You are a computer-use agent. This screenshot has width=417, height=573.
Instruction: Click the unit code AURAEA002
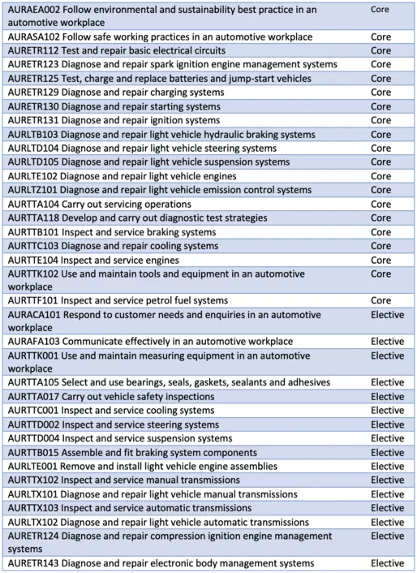pos(32,10)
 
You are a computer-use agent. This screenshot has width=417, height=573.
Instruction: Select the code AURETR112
pos(31,51)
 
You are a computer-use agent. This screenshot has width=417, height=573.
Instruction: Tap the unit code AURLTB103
pos(31,134)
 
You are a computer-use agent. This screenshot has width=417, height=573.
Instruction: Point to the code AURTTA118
pos(31,218)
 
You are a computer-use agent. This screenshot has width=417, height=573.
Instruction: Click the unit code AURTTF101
pos(30,300)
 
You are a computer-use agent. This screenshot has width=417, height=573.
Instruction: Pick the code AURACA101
pos(32,313)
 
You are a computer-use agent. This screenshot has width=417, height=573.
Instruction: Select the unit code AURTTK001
pos(31,355)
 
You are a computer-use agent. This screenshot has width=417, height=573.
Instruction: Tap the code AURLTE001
pos(30,467)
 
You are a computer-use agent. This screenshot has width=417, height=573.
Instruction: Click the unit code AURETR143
pos(31,563)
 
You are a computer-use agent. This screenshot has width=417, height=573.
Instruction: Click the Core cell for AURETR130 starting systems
pos(380,106)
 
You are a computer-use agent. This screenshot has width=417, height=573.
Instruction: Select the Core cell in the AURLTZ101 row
pos(380,190)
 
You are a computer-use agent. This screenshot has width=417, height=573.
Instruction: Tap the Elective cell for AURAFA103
pos(386,342)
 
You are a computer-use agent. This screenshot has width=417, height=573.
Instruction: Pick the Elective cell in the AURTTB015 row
pos(386,452)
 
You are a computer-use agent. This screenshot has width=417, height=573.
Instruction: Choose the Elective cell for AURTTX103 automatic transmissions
pos(386,507)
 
